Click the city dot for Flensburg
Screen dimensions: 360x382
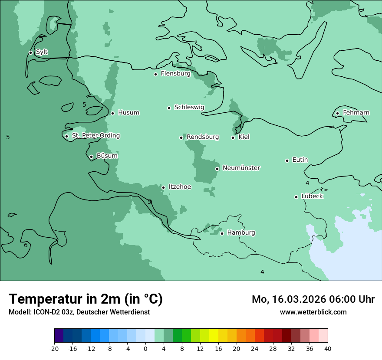coord(155,74)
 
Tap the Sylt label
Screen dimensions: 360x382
coord(42,52)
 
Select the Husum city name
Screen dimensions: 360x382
coord(128,113)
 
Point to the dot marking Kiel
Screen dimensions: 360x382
coord(233,137)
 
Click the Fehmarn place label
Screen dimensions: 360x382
coord(356,113)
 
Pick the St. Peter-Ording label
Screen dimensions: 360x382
coord(95,136)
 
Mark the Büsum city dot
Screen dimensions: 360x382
coord(91,157)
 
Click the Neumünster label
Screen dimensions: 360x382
coord(241,168)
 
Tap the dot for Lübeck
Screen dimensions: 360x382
coord(296,197)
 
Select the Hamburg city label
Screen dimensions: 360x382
coord(241,232)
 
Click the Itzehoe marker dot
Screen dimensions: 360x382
coord(163,187)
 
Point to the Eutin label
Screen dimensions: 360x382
coord(300,160)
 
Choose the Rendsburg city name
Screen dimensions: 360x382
coord(203,137)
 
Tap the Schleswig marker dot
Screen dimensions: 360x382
coord(169,108)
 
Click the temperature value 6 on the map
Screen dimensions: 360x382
coord(26,245)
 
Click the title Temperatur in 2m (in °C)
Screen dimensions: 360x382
coord(86,299)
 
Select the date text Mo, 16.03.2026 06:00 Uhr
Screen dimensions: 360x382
coord(313,299)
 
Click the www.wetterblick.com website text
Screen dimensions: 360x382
coord(313,312)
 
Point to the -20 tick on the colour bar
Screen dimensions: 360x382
coord(54,348)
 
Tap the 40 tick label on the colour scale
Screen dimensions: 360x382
coord(328,348)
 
